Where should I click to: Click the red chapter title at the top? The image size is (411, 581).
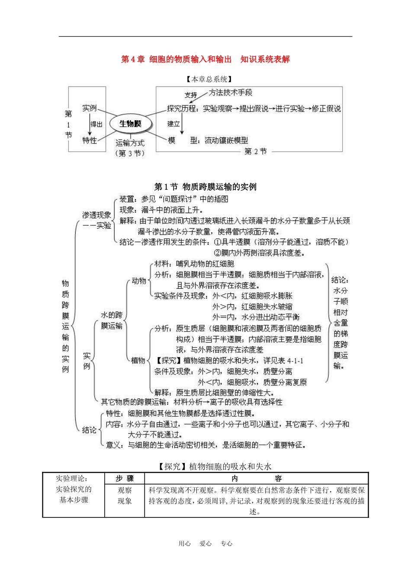[205, 59]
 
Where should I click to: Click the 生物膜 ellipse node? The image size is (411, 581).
[130, 124]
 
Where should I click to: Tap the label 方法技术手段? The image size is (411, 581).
[230, 93]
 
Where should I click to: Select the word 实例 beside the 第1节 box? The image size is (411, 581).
[89, 108]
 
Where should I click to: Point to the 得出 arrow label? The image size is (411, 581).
[96, 124]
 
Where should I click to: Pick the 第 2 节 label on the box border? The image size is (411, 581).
[255, 151]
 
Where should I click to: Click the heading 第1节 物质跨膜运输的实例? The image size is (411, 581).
[205, 187]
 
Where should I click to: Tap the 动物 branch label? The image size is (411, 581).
[139, 281]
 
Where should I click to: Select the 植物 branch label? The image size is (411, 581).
[138, 360]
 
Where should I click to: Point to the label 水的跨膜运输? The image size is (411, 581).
[112, 320]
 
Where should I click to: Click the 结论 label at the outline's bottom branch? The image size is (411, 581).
[89, 430]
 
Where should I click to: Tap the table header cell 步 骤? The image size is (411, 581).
[125, 478]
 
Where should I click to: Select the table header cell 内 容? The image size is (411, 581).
[256, 478]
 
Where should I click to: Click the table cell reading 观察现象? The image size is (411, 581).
[125, 496]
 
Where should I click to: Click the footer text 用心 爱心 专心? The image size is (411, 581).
[205, 544]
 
